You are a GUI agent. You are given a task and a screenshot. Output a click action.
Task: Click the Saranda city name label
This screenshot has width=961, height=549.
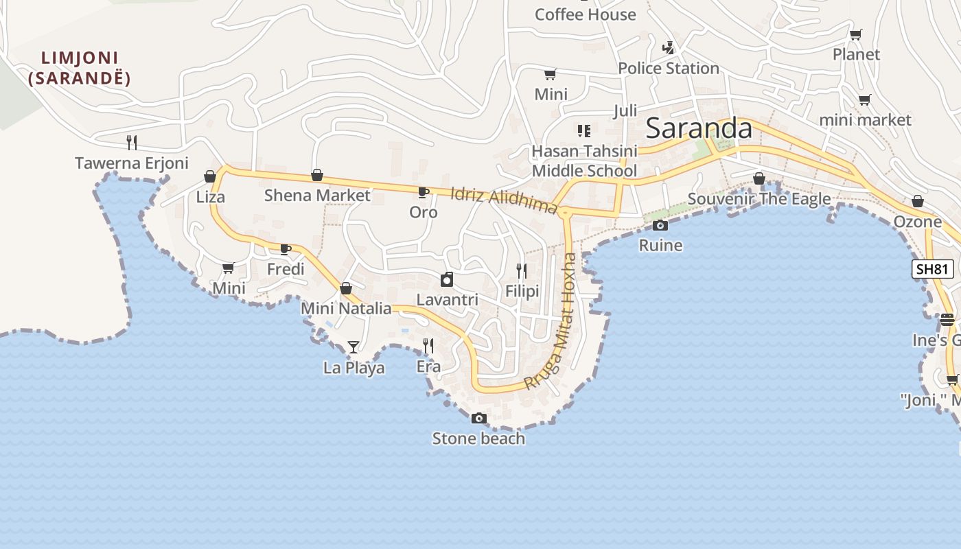coord(699,128)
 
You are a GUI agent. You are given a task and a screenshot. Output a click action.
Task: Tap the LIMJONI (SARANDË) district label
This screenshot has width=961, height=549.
coord(80,68)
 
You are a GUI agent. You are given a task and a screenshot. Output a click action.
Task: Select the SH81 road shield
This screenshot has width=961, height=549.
coord(933,268)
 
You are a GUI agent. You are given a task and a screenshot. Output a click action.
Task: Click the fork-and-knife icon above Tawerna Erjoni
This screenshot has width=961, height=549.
coord(132,143)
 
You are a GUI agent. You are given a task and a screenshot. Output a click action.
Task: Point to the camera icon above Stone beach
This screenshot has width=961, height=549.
coord(478,418)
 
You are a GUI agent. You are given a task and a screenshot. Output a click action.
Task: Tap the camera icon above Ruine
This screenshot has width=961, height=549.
coord(660,225)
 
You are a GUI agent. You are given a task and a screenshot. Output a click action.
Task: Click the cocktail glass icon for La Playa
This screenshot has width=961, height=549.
coord(353,347)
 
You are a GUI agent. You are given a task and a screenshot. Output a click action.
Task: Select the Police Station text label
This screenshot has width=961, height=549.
coord(668,68)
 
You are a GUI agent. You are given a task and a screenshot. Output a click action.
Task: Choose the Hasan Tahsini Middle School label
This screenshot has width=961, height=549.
coord(584,161)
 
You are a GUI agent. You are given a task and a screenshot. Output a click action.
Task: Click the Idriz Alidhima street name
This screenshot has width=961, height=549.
coord(503,200)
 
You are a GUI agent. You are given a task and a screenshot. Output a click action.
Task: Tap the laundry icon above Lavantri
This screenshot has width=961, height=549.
coord(447,279)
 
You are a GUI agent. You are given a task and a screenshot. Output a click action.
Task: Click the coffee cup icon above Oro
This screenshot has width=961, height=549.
coord(424,193)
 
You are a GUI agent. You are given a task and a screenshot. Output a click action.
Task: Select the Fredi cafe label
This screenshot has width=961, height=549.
coord(286,268)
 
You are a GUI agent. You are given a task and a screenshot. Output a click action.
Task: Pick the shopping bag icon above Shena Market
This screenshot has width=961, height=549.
coord(317,175)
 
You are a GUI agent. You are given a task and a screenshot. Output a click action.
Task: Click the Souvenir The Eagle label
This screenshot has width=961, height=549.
coord(759,199)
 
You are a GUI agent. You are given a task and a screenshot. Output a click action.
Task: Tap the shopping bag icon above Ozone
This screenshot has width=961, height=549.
coord(918,201)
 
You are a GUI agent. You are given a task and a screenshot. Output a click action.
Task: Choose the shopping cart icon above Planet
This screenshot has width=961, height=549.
coord(855,34)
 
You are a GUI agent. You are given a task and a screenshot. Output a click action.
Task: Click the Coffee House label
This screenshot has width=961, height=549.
coord(585,14)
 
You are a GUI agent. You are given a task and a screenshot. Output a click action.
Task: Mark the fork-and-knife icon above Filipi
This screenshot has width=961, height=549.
coord(522,271)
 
